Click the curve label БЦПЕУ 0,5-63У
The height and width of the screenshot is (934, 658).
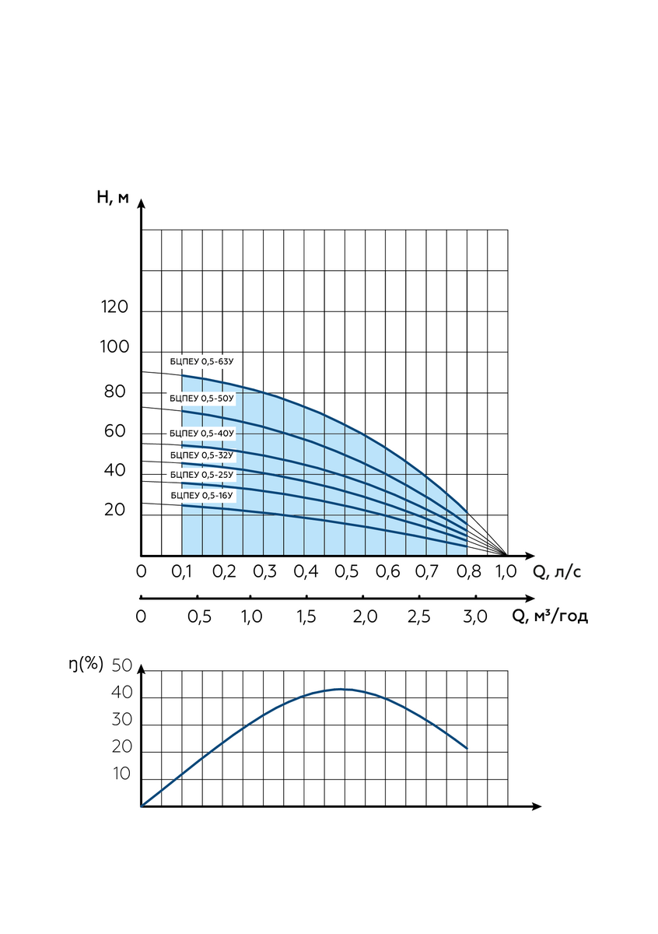[201, 361]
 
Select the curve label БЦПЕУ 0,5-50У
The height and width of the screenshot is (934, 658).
[201, 399]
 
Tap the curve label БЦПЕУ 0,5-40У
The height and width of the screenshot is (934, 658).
[201, 434]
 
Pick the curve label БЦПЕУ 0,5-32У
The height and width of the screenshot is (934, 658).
[201, 455]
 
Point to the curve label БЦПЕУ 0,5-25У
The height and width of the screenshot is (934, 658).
[201, 475]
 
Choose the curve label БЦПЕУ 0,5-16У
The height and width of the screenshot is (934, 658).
[201, 495]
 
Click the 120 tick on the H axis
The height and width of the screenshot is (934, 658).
[114, 307]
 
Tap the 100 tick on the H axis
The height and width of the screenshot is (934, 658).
[114, 346]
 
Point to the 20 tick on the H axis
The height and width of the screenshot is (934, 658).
[114, 509]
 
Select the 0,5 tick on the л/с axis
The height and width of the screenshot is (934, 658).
[346, 571]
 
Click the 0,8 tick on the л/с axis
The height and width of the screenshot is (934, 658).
[469, 571]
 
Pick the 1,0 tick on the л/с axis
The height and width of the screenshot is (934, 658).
[506, 571]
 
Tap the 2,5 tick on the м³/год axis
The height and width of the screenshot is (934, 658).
[418, 616]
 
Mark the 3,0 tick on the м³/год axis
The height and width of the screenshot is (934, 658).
[475, 616]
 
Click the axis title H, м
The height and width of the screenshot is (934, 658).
[113, 197]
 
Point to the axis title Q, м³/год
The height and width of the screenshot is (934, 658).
[550, 616]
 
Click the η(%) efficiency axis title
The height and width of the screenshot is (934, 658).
[86, 664]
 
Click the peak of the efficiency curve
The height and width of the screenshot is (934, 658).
[341, 689]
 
